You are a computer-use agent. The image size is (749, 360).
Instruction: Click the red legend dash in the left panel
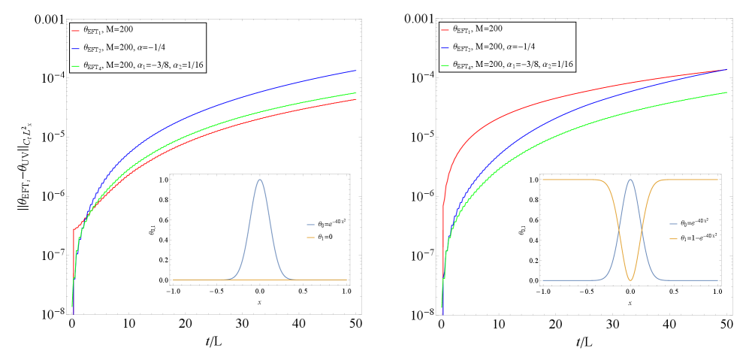coord(75,31)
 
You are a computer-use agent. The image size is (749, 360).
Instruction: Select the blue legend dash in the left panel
coord(75,48)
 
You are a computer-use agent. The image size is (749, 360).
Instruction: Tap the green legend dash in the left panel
coord(75,66)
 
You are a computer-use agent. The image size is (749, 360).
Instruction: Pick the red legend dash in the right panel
coord(445,30)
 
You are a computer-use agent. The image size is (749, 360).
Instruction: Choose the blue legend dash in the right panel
coord(445,47)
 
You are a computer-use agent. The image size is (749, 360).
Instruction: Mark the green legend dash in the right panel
coord(445,65)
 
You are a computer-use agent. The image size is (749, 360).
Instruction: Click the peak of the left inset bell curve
coord(260,180)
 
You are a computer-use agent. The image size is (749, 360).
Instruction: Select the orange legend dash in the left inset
coord(310,237)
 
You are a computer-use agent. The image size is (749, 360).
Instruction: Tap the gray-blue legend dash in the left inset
coord(310,225)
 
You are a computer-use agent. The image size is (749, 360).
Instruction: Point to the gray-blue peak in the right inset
coord(630,180)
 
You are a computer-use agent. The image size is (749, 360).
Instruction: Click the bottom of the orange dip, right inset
coord(630,280)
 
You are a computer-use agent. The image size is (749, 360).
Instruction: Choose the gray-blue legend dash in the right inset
coord(673,224)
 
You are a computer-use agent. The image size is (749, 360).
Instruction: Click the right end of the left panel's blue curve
coord(355,71)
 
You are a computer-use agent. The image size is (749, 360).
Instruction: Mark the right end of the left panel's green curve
coord(355,93)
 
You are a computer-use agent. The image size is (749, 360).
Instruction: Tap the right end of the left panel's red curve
coord(355,99)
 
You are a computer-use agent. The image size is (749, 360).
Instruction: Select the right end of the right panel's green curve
coord(726,92)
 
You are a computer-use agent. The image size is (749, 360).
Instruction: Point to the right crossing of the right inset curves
coord(640,230)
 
